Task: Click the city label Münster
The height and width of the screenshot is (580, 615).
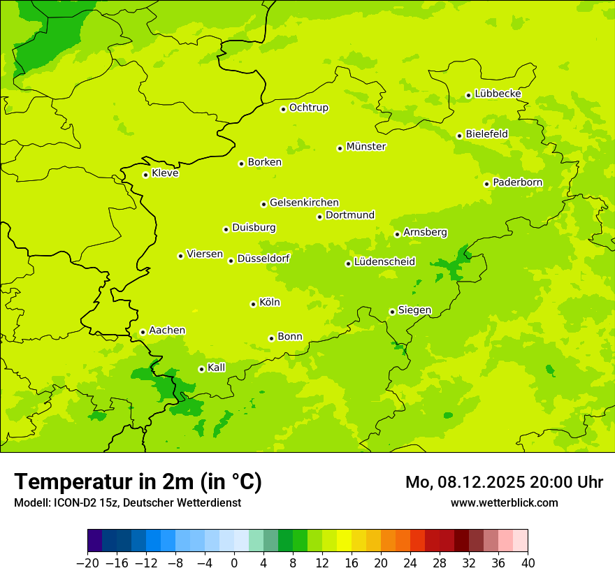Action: tap(366, 147)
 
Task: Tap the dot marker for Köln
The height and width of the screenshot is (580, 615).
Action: tap(253, 304)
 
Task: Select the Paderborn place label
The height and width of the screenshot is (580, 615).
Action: tap(517, 183)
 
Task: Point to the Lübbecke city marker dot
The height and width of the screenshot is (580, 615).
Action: tap(468, 95)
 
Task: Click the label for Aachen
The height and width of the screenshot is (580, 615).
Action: tap(167, 331)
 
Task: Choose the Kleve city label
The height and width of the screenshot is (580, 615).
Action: tap(165, 173)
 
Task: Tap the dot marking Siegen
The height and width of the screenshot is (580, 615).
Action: tap(392, 312)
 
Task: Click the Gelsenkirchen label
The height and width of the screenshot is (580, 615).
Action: tap(304, 203)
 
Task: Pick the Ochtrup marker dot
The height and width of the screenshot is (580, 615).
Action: tap(283, 109)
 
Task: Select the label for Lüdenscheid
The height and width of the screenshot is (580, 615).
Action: tap(384, 262)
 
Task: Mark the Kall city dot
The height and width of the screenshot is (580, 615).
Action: tap(201, 369)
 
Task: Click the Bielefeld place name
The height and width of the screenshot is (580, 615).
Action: tap(486, 134)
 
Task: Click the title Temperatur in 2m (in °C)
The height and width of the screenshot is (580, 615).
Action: tap(138, 481)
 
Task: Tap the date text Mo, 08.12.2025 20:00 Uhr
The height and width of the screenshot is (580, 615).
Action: tap(504, 482)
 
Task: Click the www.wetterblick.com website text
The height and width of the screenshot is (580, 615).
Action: tap(504, 502)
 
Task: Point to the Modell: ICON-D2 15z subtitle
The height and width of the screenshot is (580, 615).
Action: tap(127, 502)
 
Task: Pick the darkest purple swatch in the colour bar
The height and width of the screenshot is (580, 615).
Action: tap(94, 541)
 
